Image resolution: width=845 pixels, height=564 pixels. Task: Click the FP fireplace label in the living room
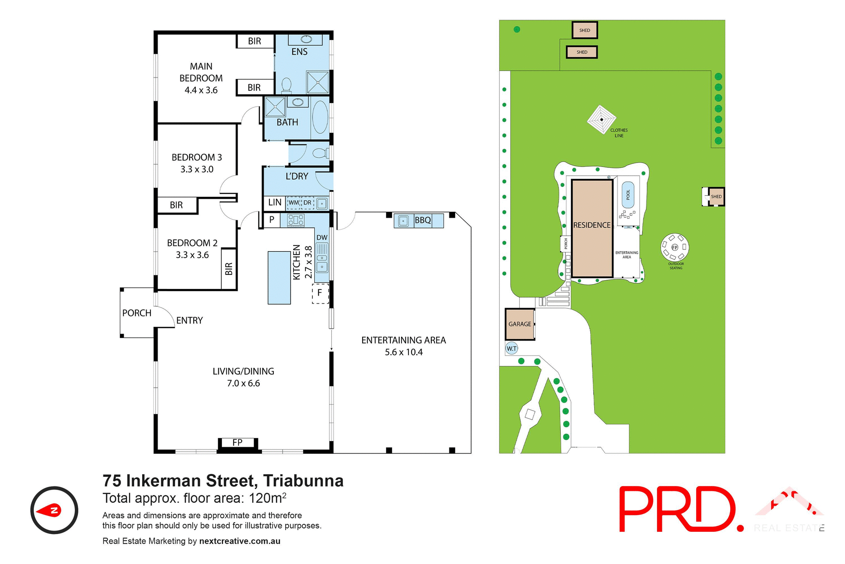point(237,442)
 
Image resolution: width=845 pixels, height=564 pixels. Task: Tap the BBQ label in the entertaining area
point(423,220)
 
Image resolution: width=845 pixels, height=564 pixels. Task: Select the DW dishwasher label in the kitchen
point(322,237)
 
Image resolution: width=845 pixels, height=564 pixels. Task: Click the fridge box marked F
point(320,293)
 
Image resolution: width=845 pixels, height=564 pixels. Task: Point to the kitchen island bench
point(279,278)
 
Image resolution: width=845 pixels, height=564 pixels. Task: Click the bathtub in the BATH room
point(320,117)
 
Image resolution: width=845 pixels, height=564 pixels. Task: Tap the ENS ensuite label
point(299,52)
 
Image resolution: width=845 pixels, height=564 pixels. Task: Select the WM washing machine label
point(294,203)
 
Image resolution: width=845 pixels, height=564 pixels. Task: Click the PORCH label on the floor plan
point(136,313)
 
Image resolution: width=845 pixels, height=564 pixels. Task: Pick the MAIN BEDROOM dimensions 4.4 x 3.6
point(201,90)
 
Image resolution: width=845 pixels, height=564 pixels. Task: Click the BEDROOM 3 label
point(197,157)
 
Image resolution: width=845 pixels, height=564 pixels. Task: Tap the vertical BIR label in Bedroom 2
point(228,269)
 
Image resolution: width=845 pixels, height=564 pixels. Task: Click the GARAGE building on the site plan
point(520,324)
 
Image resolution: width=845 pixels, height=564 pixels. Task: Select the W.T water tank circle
point(511,349)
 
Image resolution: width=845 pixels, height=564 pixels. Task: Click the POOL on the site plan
point(628,195)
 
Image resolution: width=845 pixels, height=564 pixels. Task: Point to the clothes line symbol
point(601,119)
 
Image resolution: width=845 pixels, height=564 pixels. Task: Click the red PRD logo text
point(678,509)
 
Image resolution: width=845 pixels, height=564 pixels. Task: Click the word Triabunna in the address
point(303,481)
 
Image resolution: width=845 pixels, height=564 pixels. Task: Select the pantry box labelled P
point(272,219)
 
